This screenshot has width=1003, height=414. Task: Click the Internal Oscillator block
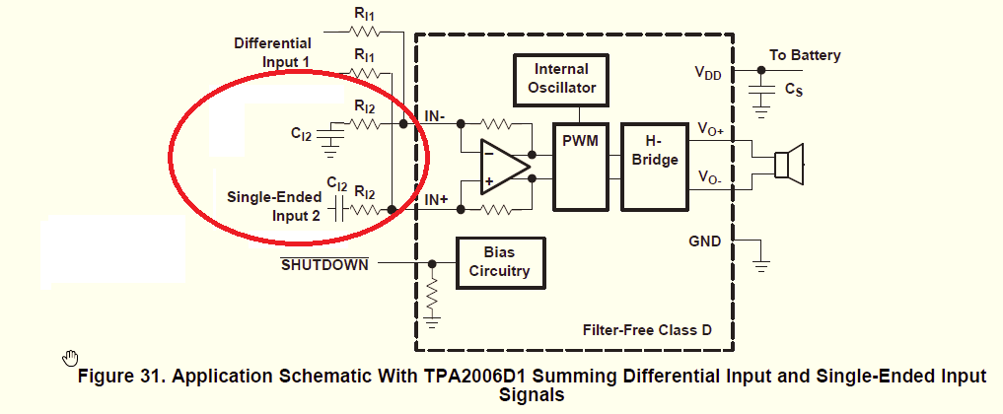pos(561,79)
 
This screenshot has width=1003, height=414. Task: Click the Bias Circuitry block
pos(499,261)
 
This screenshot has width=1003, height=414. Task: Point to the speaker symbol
pos(788,164)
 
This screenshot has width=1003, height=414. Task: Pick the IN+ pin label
pos(436,200)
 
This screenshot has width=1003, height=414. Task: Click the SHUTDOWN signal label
pos(324,264)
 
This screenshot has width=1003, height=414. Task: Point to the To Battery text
pos(805,55)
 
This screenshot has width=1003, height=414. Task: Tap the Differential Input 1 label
pos(272,52)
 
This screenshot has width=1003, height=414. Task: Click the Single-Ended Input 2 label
pos(274,206)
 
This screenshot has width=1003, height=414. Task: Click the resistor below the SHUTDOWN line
pos(432,294)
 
